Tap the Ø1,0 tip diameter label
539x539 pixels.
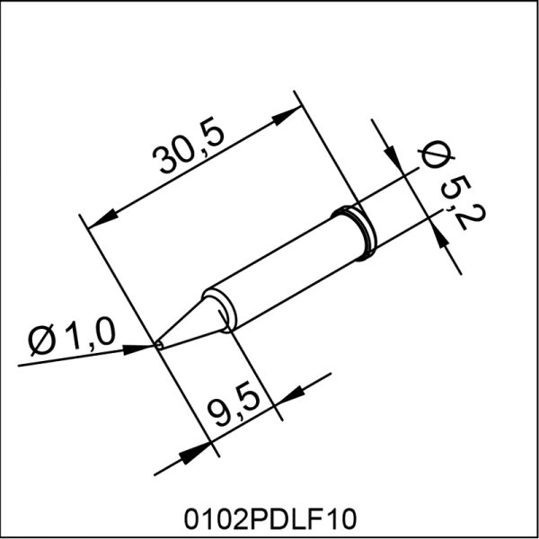[72, 339]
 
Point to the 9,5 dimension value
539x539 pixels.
[234, 408]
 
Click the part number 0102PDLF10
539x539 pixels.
[270, 519]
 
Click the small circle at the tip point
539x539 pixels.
[158, 345]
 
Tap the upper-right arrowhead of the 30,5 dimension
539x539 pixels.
[287, 116]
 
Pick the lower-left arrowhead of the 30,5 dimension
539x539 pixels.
[103, 220]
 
